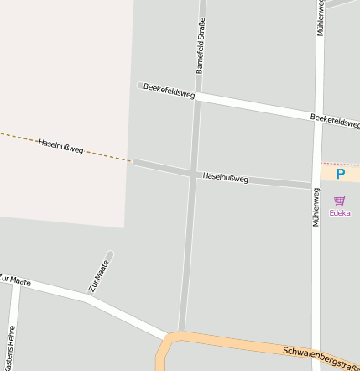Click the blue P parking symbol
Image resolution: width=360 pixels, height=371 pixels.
coord(340,175)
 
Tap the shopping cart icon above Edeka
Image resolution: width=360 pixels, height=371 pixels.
coord(339,201)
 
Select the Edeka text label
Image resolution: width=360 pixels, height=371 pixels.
coord(340,212)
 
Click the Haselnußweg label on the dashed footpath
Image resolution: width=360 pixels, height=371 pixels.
coord(60,146)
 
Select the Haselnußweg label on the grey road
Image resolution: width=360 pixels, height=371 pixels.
coord(226,178)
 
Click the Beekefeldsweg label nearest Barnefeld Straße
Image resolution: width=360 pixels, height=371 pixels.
coord(169,91)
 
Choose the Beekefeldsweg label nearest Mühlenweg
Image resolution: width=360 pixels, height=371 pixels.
coord(335,121)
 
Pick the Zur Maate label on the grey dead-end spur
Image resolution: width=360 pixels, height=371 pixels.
coord(99,275)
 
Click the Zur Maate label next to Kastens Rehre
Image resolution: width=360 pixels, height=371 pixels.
coord(15,280)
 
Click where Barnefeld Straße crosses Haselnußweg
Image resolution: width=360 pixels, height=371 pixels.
coord(191,174)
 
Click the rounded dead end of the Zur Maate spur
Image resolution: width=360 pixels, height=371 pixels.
coord(109,254)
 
